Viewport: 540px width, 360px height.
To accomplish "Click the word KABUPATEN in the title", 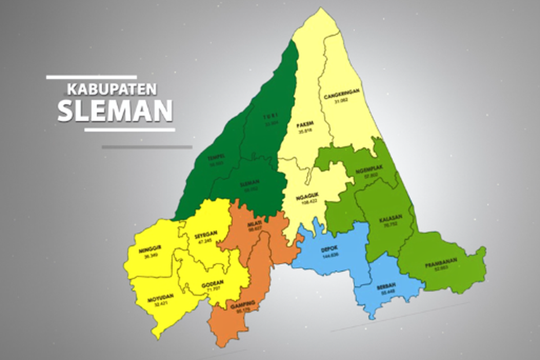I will click(112, 90).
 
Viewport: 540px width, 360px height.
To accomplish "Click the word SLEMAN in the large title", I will click(115, 111).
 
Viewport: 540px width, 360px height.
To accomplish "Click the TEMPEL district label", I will click(216, 157).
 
